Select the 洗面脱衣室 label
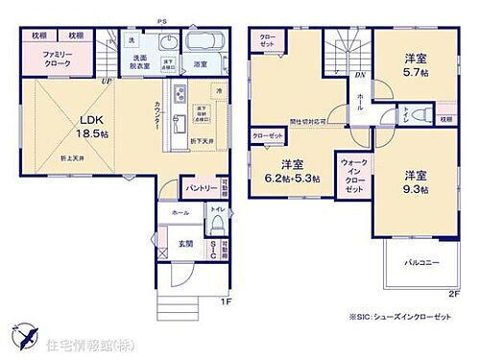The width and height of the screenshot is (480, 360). (132, 62)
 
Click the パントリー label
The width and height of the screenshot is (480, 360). (201, 188)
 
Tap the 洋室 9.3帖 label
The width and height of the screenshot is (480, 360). (416, 182)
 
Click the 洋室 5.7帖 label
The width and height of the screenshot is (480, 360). (415, 62)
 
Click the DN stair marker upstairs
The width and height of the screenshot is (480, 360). (358, 74)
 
